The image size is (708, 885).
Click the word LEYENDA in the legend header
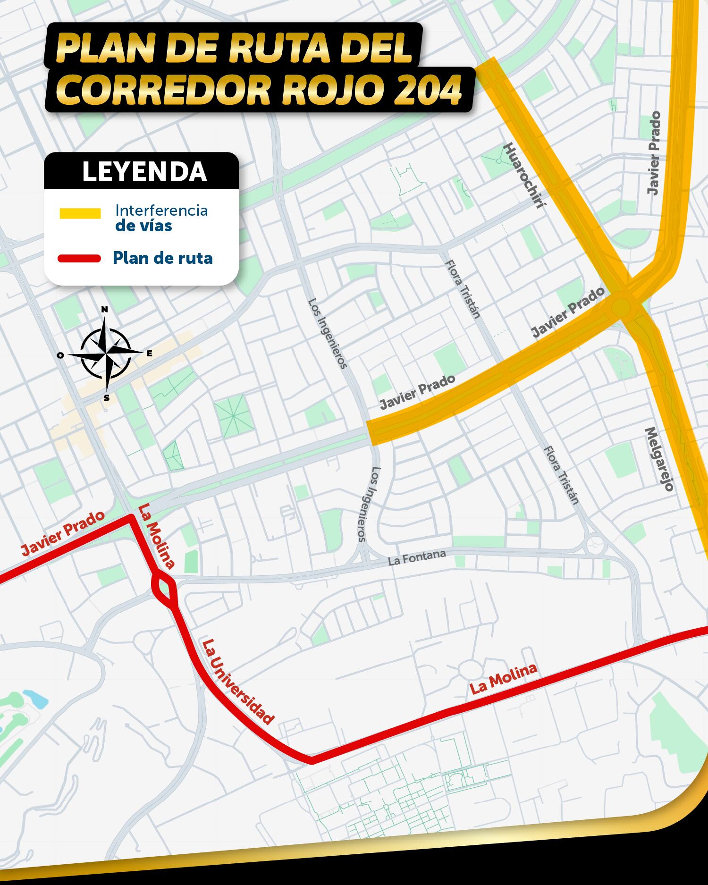144,172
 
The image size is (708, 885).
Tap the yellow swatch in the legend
80,213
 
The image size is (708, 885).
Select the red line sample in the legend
79,258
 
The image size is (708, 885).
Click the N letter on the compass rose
105,310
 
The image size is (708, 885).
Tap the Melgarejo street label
659,459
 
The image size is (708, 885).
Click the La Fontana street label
417,557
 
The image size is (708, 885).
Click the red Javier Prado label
63,533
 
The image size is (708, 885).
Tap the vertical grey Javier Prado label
654,153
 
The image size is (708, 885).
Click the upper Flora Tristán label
463,289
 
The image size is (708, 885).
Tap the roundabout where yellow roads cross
622,307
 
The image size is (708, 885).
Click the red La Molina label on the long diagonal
503,678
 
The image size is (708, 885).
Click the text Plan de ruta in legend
162,258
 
